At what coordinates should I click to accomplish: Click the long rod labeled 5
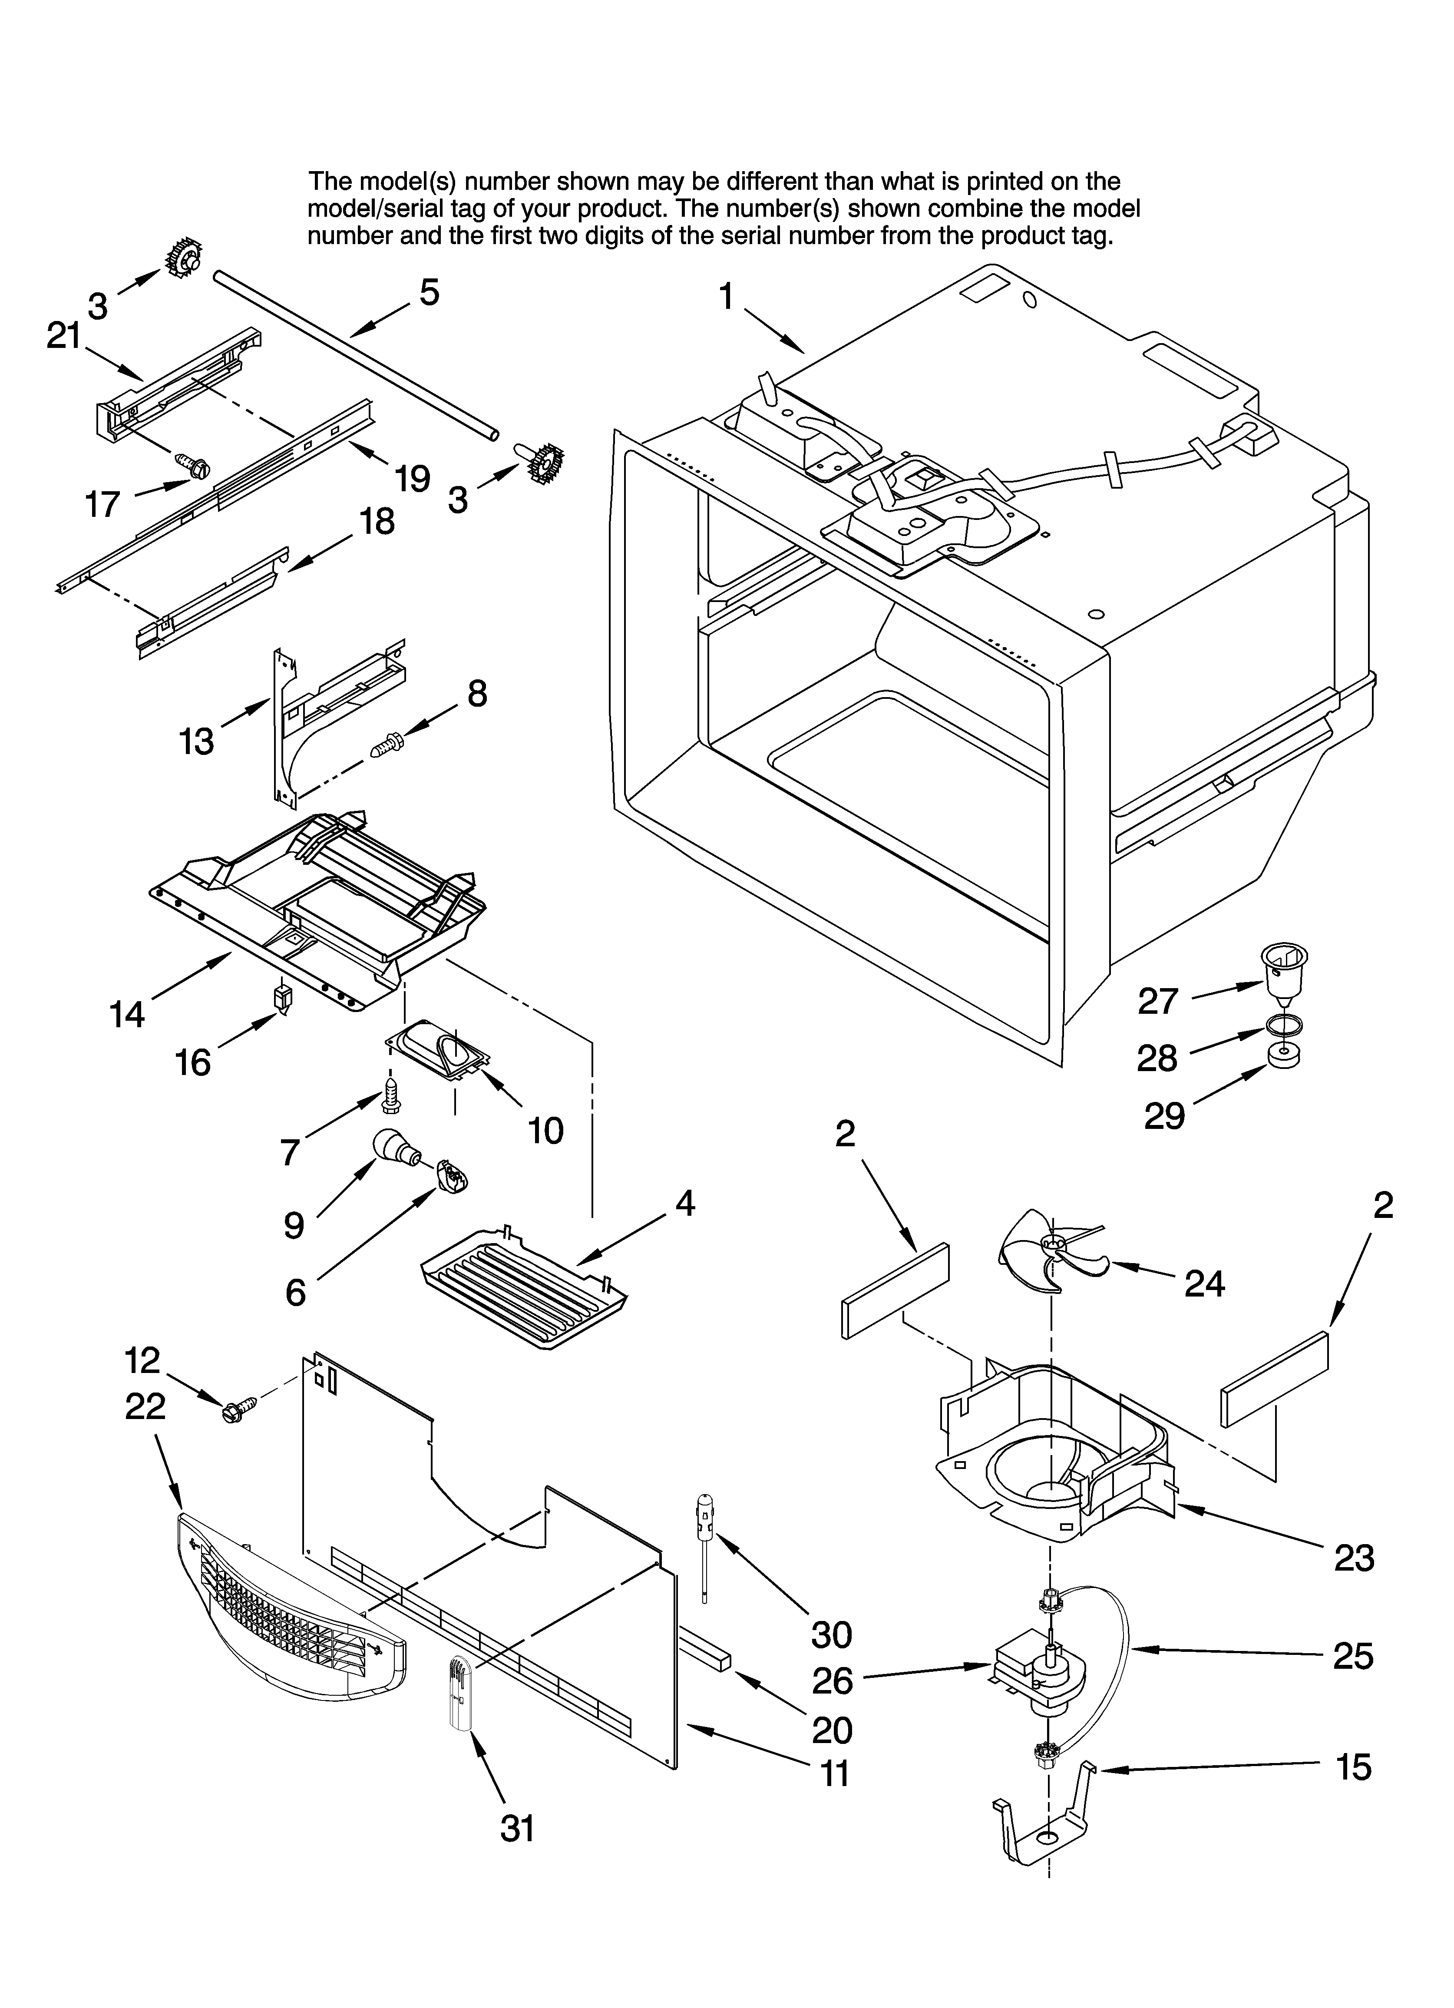click(354, 354)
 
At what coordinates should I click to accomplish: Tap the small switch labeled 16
click(283, 999)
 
